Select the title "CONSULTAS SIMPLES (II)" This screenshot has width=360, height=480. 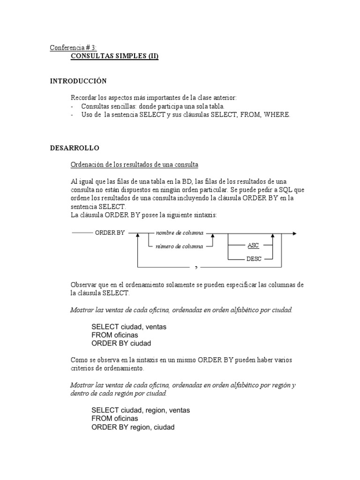pyautogui.click(x=114, y=56)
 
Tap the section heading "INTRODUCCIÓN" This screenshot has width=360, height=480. pyautogui.click(x=78, y=81)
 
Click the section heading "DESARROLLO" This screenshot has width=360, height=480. pyautogui.click(x=75, y=148)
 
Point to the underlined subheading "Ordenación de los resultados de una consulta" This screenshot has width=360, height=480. pyautogui.click(x=135, y=165)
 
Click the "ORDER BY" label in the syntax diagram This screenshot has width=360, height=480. pyautogui.click(x=110, y=232)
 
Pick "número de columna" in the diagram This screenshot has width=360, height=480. pyautogui.click(x=180, y=246)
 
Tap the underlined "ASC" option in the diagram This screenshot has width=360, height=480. pyautogui.click(x=253, y=246)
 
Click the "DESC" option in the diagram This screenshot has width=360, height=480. pyautogui.click(x=254, y=259)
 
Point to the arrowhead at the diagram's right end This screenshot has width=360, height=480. pyautogui.click(x=294, y=233)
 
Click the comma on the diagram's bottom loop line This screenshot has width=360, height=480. pyautogui.click(x=196, y=268)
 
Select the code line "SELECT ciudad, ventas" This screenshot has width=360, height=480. pyautogui.click(x=129, y=327)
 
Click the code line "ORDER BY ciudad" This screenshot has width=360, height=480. pyautogui.click(x=121, y=344)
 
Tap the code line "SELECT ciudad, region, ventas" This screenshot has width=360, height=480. pyautogui.click(x=141, y=410)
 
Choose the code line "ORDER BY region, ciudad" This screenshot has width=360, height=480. pyautogui.click(x=133, y=427)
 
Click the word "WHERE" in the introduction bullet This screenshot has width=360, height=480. pyautogui.click(x=277, y=114)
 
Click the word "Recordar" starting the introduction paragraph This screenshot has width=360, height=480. pyautogui.click(x=83, y=97)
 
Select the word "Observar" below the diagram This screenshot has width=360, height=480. pyautogui.click(x=83, y=285)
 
